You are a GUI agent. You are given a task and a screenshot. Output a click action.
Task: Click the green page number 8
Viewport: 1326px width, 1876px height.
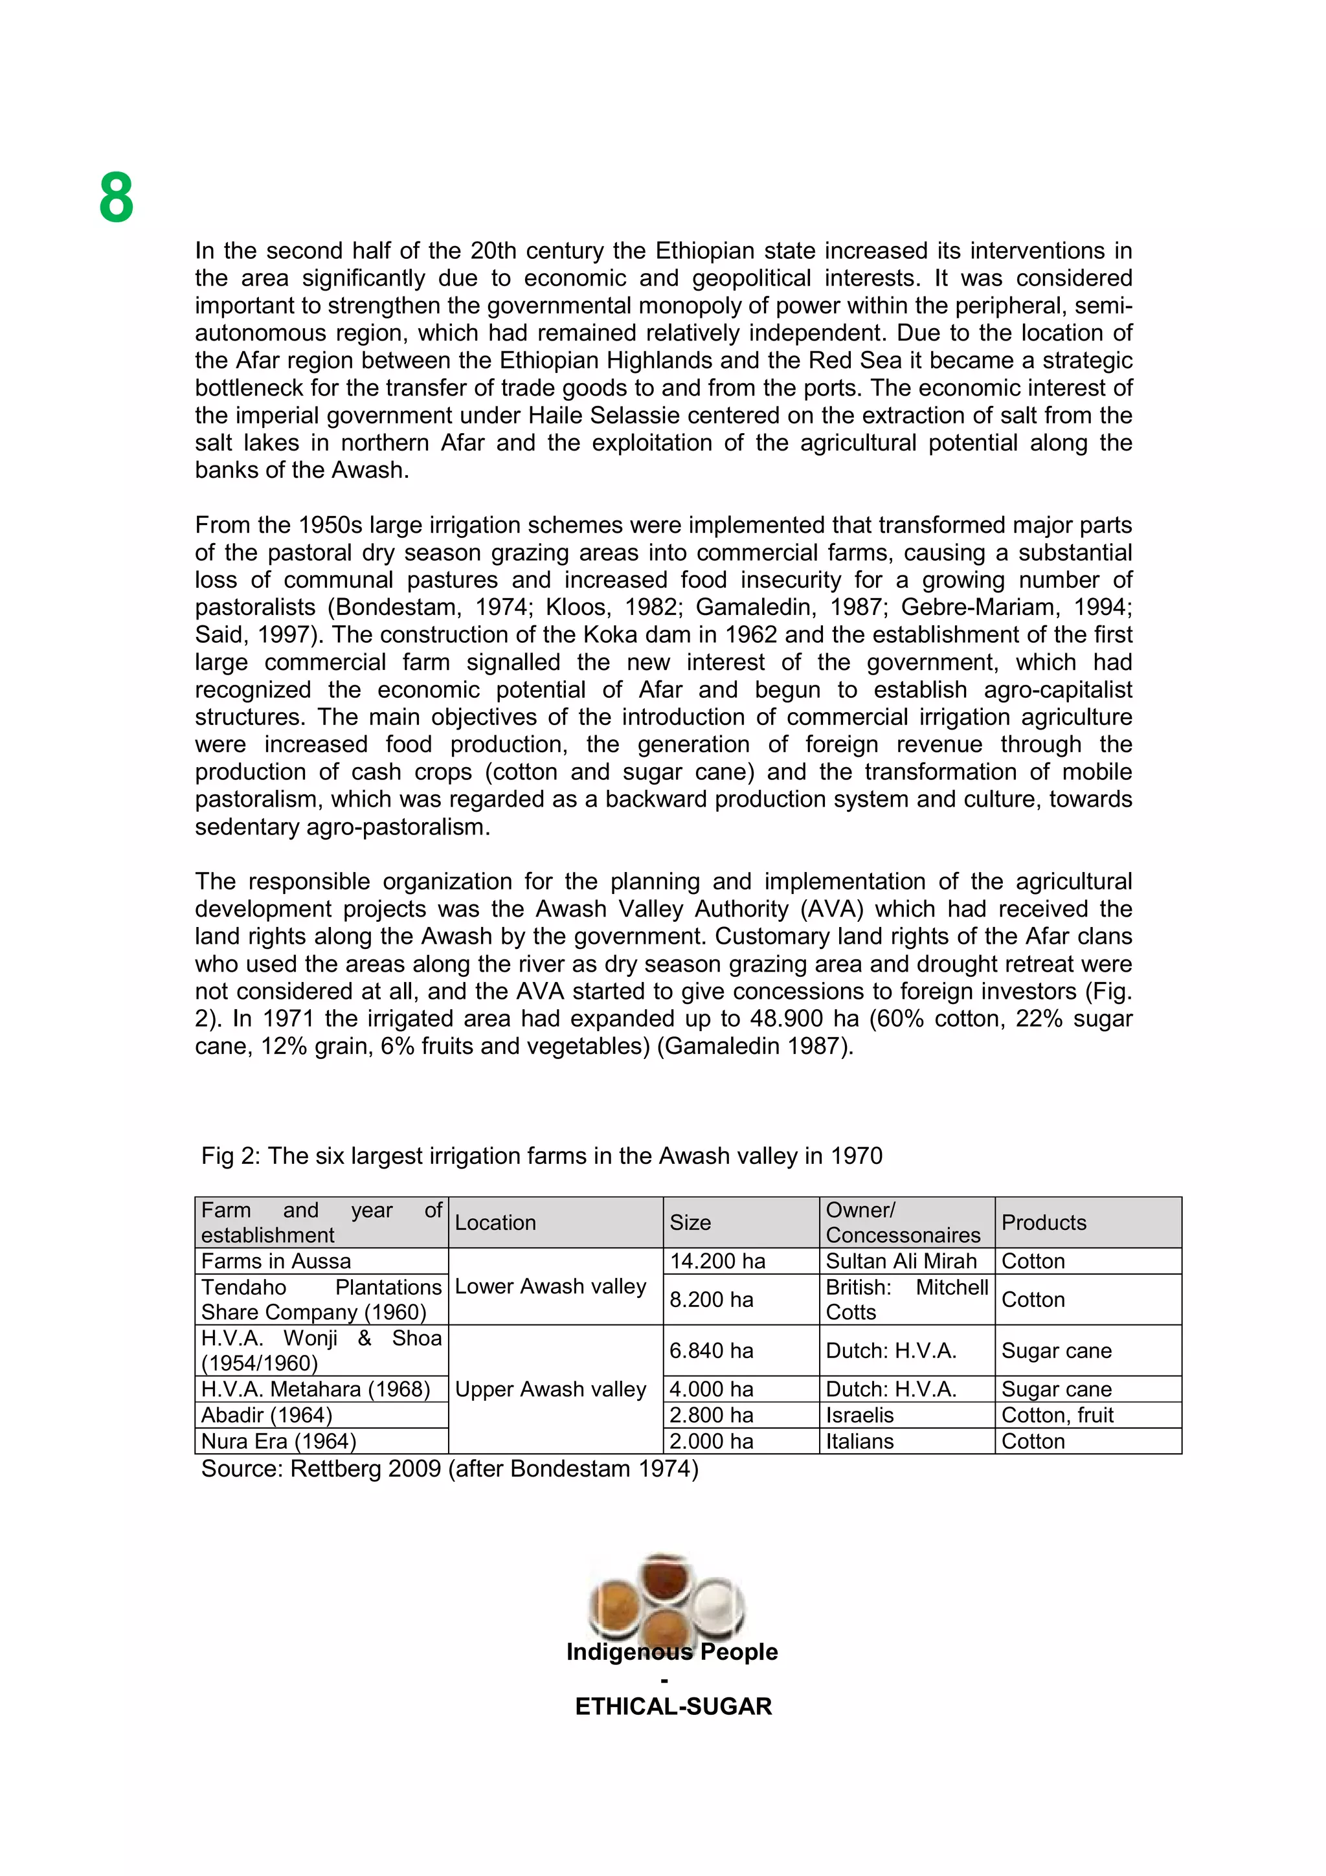116,197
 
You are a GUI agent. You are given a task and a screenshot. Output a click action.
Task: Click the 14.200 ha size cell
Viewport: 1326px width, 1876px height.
717,1261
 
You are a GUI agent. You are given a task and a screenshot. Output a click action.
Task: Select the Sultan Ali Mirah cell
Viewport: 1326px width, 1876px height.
901,1261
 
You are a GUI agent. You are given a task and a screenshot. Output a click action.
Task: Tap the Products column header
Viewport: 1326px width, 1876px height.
1043,1222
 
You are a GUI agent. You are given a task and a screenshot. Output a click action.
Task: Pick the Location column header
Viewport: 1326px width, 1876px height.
495,1222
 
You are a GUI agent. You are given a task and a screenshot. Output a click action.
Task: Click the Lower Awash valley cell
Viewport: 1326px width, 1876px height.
550,1286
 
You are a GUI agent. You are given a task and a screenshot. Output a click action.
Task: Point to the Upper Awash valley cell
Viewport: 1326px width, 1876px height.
550,1389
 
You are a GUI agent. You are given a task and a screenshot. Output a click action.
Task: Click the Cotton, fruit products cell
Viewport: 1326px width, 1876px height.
1057,1415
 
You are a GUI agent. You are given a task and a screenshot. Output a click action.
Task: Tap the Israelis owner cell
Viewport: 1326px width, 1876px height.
859,1415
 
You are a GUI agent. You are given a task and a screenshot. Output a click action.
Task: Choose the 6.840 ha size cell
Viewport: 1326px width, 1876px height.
711,1350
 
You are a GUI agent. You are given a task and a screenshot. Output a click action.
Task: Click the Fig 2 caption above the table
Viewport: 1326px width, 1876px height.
542,1156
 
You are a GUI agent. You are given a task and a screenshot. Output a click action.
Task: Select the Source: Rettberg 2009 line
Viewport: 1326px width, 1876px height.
449,1468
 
